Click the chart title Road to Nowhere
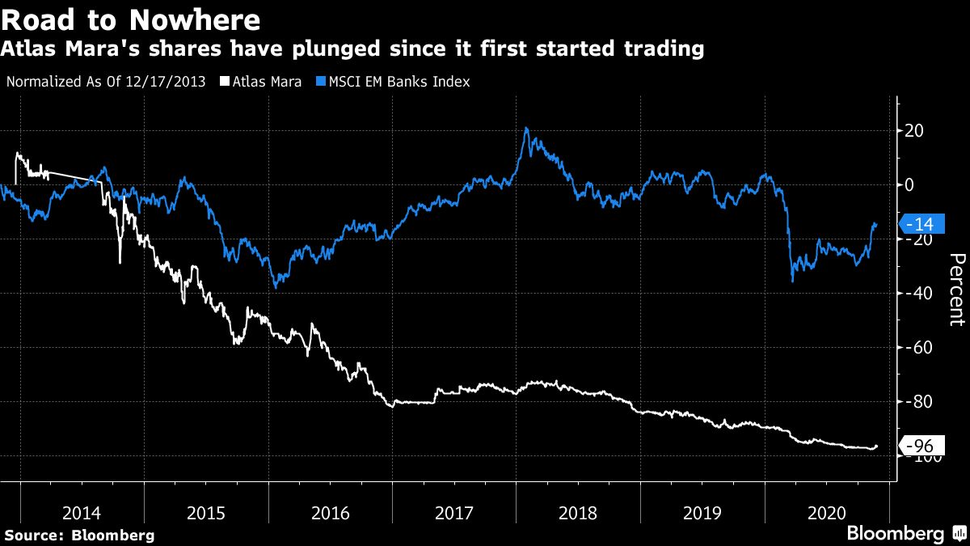click(x=131, y=19)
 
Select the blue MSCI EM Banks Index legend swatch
click(x=323, y=82)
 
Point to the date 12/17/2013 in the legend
click(x=165, y=82)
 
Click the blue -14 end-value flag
click(x=919, y=224)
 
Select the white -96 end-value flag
click(x=919, y=446)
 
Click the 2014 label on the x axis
click(x=82, y=513)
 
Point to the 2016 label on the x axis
click(x=330, y=513)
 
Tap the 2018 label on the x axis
click(x=578, y=513)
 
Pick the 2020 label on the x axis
click(x=826, y=513)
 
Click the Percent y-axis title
click(x=956, y=289)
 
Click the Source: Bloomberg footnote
click(x=79, y=535)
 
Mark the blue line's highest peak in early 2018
click(x=525, y=128)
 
